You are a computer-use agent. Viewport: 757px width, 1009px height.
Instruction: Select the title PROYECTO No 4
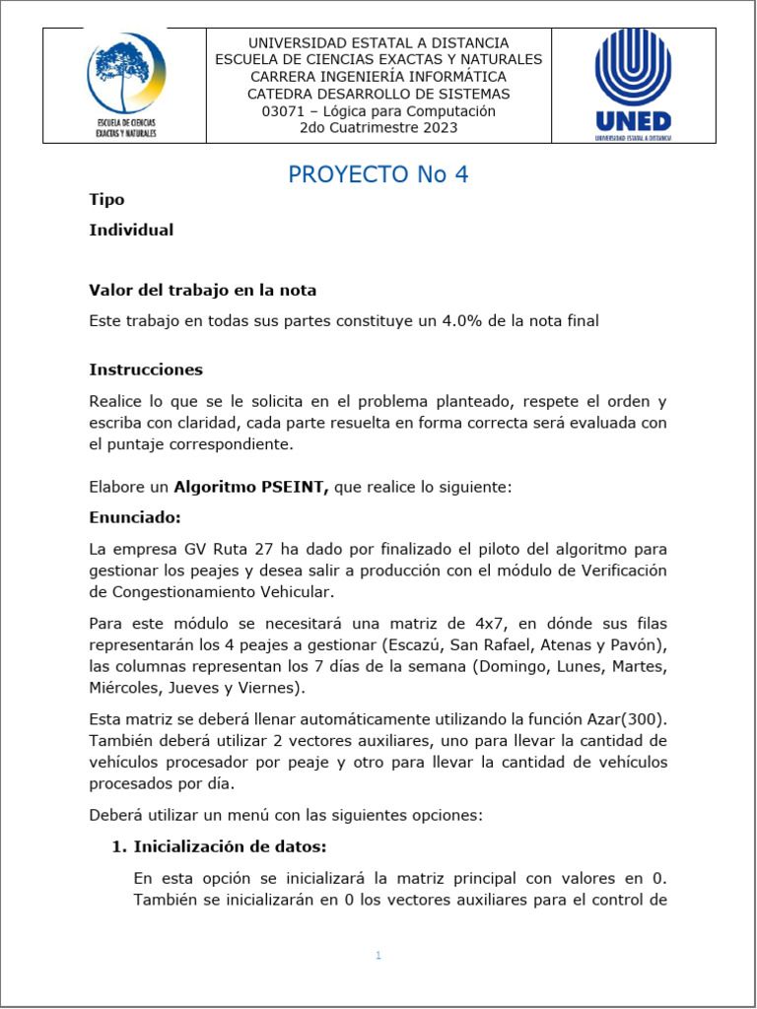tap(378, 174)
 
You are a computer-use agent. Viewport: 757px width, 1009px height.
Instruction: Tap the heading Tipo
tap(106, 200)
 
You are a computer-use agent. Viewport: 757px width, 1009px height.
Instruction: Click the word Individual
tap(131, 231)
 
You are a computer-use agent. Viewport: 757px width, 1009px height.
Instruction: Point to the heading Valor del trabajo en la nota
tap(202, 291)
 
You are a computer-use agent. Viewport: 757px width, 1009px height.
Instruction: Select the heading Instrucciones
tap(146, 370)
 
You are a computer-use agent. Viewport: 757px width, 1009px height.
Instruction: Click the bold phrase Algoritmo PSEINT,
tap(251, 487)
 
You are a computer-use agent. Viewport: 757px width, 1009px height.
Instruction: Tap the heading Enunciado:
tap(135, 517)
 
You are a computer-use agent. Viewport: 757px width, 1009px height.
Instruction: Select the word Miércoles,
tap(125, 688)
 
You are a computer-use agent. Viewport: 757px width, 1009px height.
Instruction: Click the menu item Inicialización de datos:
tap(230, 846)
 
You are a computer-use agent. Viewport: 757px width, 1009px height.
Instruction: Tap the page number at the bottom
tap(378, 956)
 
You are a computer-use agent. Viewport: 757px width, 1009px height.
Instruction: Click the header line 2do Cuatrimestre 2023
tap(378, 128)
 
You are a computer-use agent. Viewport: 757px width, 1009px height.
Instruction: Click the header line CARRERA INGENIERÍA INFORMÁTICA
tap(378, 77)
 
